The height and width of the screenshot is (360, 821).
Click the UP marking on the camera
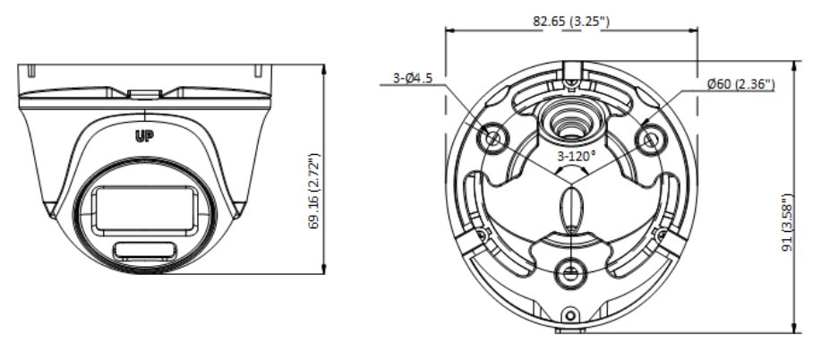pyautogui.click(x=144, y=137)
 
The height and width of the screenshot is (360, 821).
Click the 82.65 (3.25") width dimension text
pyautogui.click(x=571, y=21)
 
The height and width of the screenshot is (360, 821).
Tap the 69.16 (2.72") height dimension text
pyautogui.click(x=313, y=192)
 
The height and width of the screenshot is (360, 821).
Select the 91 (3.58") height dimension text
pyautogui.click(x=787, y=222)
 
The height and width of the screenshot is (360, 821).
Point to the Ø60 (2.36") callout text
pyautogui.click(x=740, y=84)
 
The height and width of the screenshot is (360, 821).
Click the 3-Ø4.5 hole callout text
pyautogui.click(x=413, y=79)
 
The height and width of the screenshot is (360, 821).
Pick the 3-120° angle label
pyautogui.click(x=577, y=156)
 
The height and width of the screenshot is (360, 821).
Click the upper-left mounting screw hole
pyautogui.click(x=493, y=139)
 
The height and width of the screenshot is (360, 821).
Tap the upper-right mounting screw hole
pyautogui.click(x=650, y=140)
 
